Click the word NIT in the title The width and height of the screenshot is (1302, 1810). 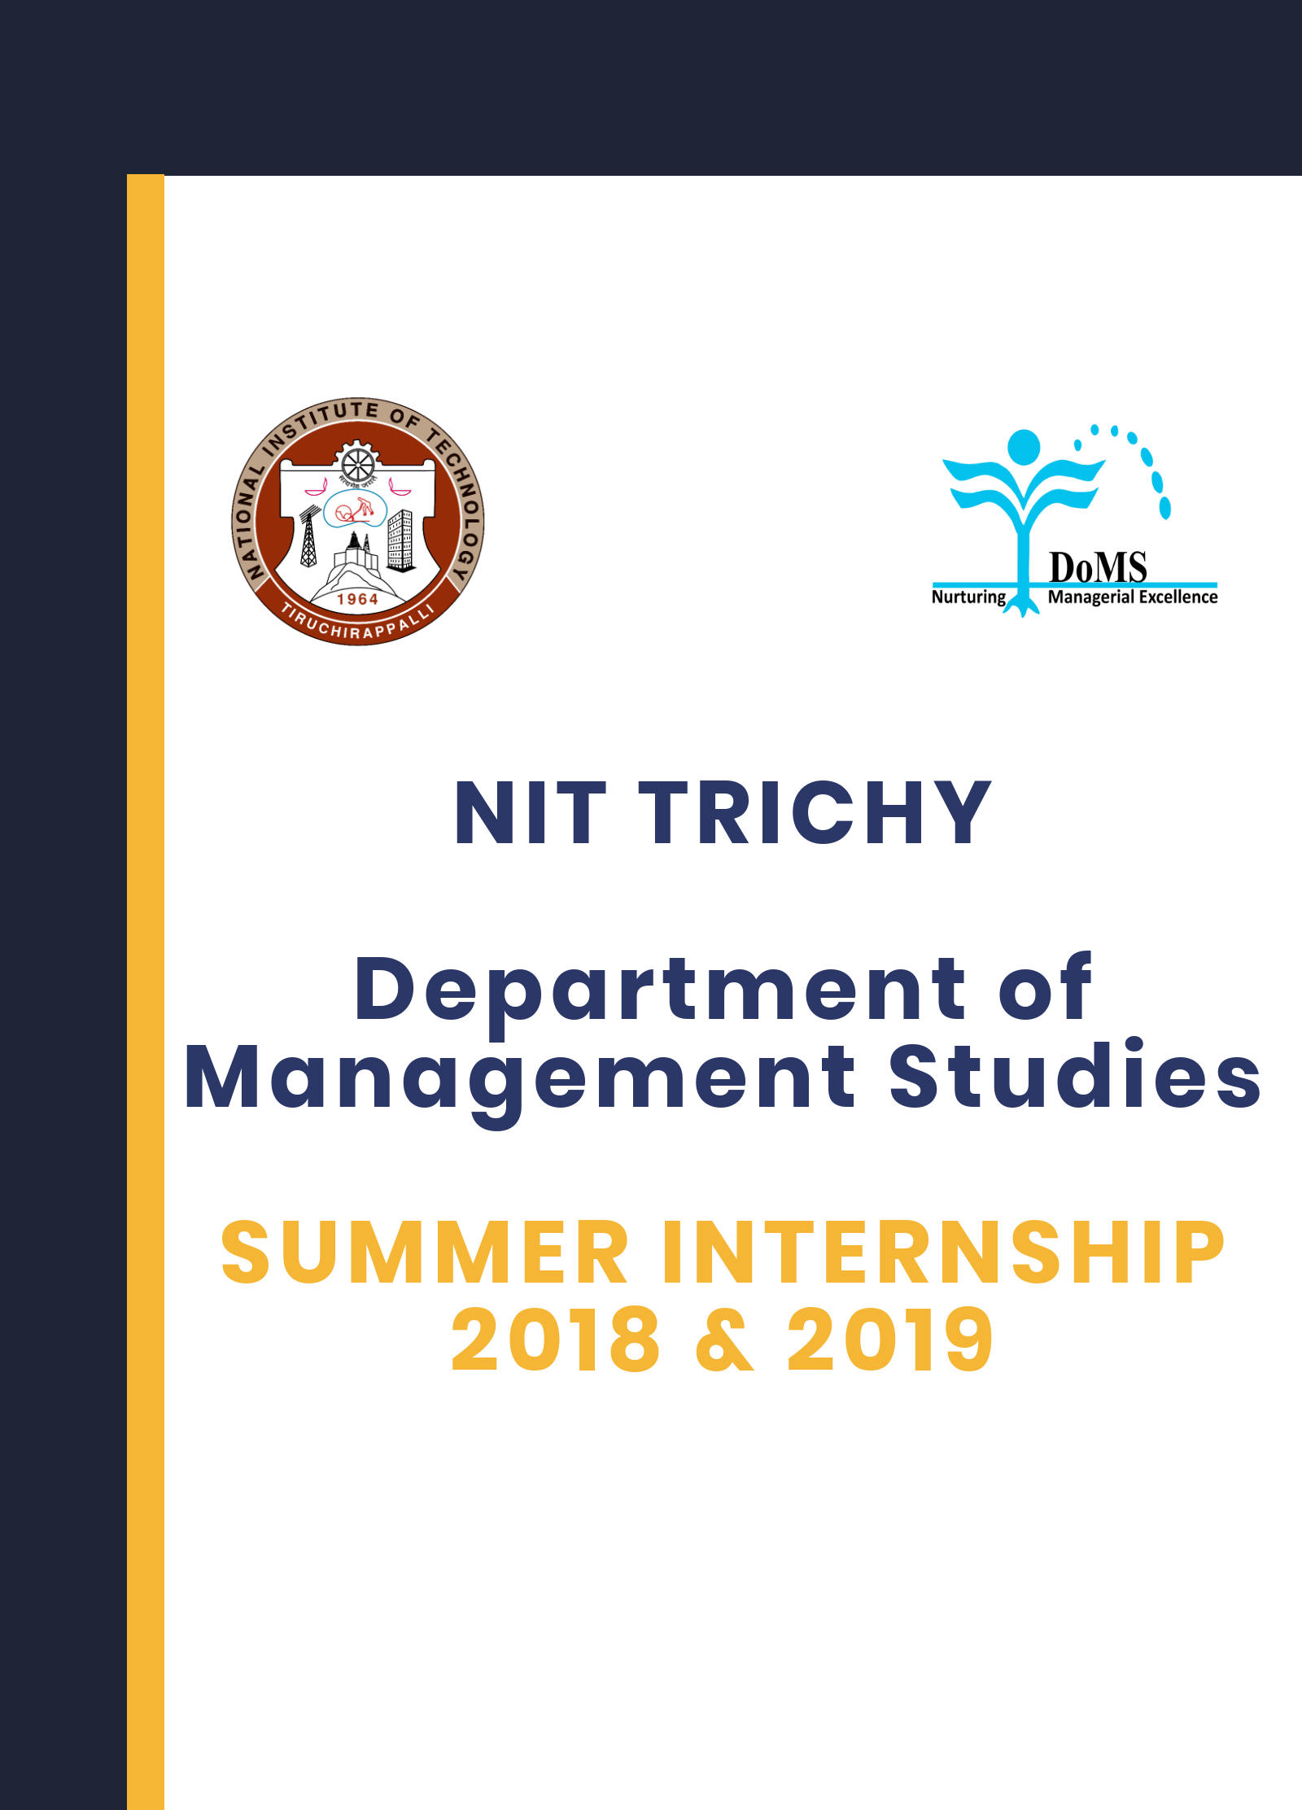click(530, 813)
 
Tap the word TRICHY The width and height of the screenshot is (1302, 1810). click(815, 813)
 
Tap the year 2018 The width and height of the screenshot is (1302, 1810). click(555, 1340)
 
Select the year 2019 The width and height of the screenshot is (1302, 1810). click(889, 1340)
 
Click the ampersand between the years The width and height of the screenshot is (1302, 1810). click(724, 1342)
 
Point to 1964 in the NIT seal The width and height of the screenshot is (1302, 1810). click(357, 599)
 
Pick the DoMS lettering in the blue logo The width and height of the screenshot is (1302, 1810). click(1098, 567)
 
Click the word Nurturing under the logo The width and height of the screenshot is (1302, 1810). click(968, 597)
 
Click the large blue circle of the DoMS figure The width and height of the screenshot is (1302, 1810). click(1024, 447)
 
